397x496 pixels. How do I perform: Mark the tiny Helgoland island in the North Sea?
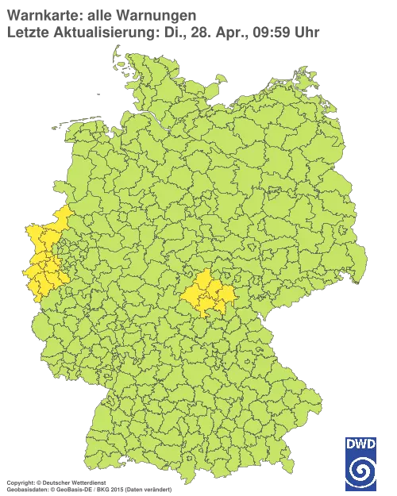click(x=97, y=91)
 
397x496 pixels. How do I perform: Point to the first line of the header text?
click(x=99, y=15)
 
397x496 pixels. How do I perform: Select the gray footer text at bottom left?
click(x=87, y=482)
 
